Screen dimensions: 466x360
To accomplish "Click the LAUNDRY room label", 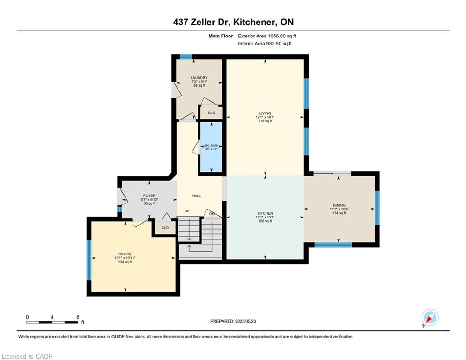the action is point(199,78).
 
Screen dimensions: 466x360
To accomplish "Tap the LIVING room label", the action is point(265,113).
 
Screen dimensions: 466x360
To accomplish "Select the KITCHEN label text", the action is point(265,214).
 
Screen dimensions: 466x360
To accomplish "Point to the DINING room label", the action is point(339,205).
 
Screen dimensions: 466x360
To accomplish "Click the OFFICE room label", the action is point(125,255).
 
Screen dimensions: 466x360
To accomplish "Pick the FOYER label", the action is point(149,196).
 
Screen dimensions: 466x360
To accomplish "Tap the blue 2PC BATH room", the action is point(211,147).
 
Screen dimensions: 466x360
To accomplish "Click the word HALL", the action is point(197,196).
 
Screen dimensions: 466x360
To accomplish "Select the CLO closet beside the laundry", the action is point(211,113).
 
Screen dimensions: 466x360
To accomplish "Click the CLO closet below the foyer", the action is point(165,228).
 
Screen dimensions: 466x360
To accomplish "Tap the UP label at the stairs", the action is point(187,211).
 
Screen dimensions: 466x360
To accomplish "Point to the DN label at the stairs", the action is point(212,214).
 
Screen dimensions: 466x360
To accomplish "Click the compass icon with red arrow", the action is point(430,317).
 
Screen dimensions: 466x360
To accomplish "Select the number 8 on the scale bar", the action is point(78,317).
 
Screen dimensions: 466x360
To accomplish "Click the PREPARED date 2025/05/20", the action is point(245,321).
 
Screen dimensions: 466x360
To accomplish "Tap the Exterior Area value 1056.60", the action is point(277,36).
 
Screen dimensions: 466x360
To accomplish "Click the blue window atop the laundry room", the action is point(186,57).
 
